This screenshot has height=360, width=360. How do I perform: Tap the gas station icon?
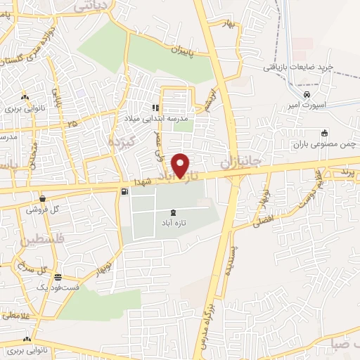[x=124, y=191]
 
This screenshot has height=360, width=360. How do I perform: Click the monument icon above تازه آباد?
[x=174, y=212]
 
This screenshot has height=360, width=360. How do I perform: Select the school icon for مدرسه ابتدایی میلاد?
[x=155, y=108]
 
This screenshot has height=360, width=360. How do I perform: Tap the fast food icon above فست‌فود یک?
[x=57, y=277]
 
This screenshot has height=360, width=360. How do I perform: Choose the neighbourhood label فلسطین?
[x=26, y=240]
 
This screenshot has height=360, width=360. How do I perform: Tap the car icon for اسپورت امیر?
[x=307, y=95]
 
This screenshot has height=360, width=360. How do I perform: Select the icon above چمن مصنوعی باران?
[x=323, y=134]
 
